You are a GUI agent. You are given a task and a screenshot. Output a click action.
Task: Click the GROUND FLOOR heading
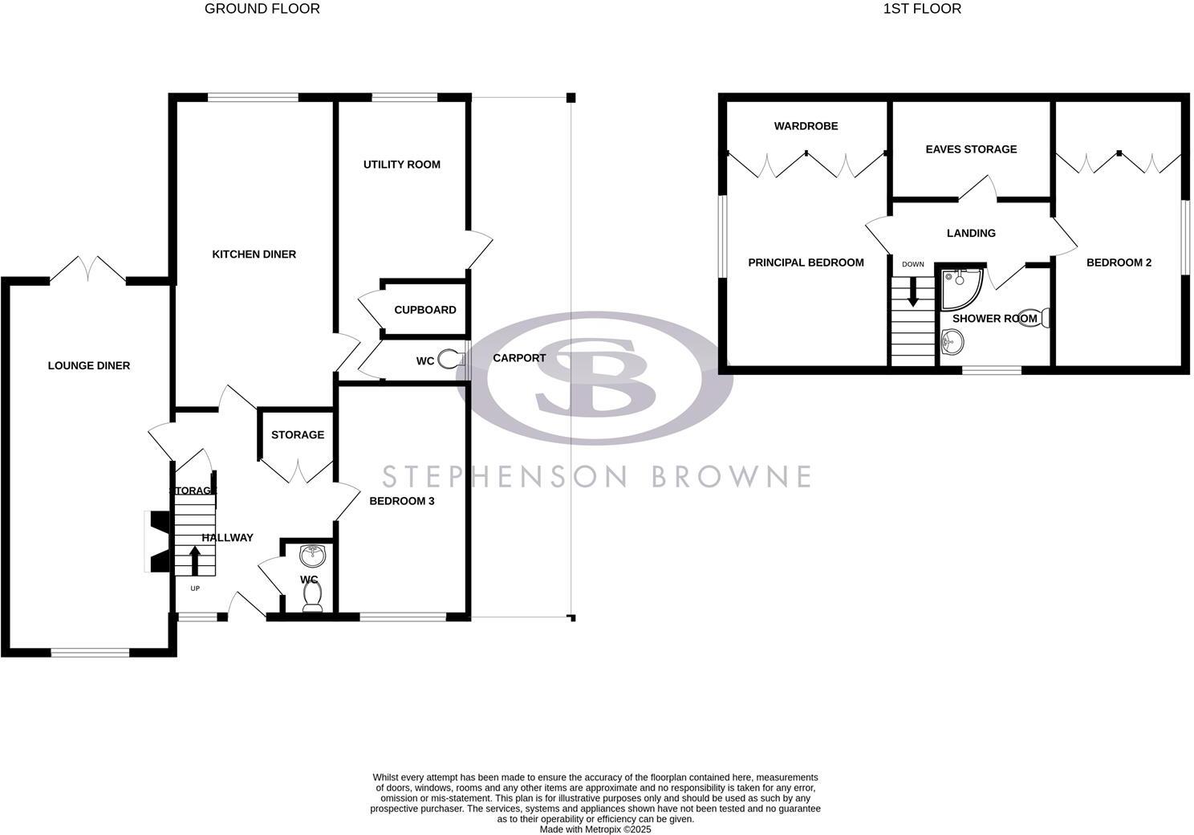click(x=262, y=9)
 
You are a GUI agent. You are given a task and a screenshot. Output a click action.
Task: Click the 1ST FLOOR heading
click(x=921, y=9)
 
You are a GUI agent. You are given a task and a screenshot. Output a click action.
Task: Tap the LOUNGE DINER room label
click(x=88, y=365)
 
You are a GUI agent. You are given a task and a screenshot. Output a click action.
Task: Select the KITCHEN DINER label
click(x=254, y=254)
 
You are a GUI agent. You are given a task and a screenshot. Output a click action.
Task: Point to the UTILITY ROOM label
click(x=401, y=165)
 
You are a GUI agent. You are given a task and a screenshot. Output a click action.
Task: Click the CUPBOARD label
click(x=424, y=310)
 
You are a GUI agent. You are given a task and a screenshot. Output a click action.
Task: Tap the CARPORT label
click(x=518, y=358)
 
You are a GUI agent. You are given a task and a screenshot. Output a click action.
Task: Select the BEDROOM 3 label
click(x=401, y=501)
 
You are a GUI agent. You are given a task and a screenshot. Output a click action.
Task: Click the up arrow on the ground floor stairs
click(x=194, y=560)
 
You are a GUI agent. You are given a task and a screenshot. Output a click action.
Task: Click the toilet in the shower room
click(x=1044, y=318)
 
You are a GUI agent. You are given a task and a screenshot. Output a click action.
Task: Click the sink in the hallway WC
click(x=311, y=554)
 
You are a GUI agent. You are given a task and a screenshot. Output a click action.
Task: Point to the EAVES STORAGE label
click(x=970, y=149)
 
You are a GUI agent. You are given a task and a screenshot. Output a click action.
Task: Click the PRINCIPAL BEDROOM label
click(x=805, y=263)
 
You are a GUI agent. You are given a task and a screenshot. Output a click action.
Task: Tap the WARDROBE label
click(x=806, y=126)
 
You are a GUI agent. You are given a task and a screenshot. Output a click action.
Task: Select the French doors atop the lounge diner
click(x=88, y=268)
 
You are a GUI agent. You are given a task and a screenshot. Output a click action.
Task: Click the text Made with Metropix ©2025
click(x=595, y=829)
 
